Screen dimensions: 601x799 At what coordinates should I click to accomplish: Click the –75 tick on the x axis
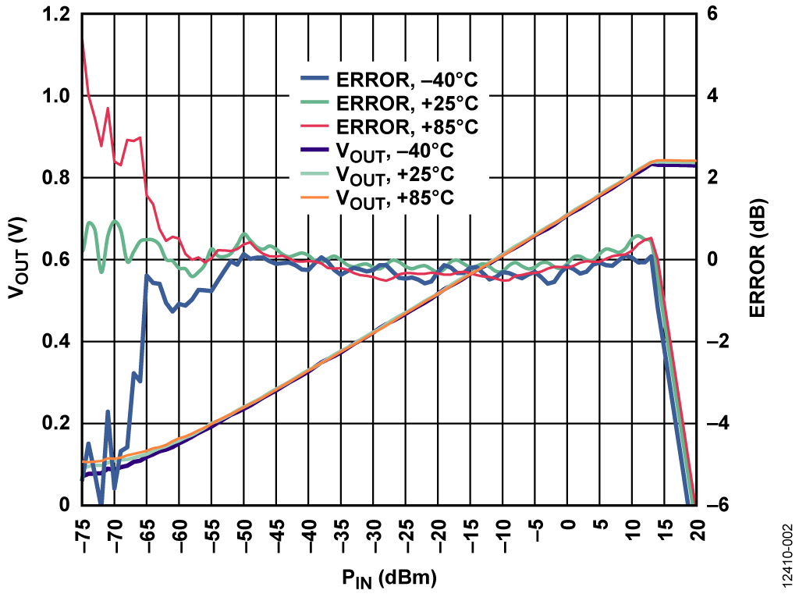pyautogui.click(x=83, y=534)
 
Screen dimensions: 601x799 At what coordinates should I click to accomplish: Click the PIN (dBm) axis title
pyautogui.click(x=388, y=579)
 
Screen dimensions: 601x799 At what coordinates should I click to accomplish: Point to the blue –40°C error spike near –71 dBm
pyautogui.click(x=108, y=411)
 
